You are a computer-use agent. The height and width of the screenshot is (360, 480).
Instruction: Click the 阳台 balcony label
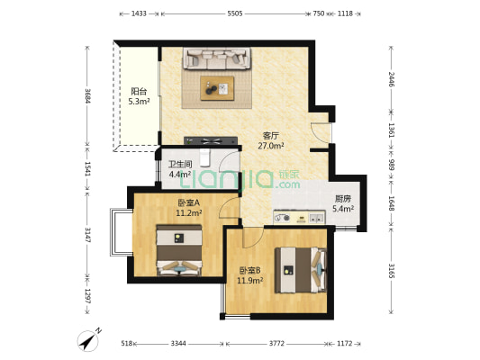click(139, 91)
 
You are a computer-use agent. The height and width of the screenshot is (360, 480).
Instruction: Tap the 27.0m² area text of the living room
click(271, 146)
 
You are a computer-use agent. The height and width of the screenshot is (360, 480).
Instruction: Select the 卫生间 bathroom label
click(180, 164)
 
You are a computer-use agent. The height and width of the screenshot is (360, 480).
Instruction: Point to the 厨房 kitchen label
click(342, 199)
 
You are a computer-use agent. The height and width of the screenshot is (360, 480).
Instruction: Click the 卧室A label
click(188, 202)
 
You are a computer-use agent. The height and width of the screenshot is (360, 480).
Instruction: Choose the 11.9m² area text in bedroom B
click(250, 280)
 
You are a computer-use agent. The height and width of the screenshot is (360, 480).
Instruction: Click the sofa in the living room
click(217, 58)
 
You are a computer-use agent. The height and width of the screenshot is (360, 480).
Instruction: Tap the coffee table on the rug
click(217, 88)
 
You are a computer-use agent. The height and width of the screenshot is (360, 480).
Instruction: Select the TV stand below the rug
click(211, 140)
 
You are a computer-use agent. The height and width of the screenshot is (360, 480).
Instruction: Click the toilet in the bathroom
click(204, 157)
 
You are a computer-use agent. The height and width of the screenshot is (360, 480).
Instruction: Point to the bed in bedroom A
click(179, 250)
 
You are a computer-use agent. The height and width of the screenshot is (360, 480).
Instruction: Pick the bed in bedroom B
click(301, 270)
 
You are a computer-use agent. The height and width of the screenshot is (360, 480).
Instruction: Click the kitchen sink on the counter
click(316, 218)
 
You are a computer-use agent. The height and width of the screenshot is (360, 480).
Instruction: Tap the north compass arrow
click(89, 340)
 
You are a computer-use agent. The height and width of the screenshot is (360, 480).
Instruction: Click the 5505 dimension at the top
click(235, 13)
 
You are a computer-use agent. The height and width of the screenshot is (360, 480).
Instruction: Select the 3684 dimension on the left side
click(88, 96)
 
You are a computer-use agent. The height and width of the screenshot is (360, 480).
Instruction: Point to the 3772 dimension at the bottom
click(276, 344)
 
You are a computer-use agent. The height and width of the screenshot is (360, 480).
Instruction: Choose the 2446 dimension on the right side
click(391, 79)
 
